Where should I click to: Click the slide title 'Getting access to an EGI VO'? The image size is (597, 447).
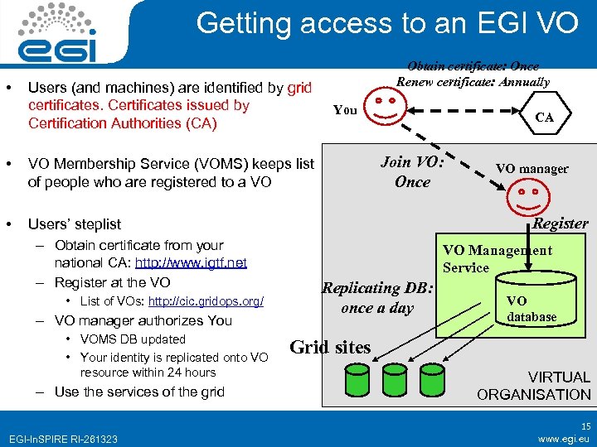(x=387, y=23)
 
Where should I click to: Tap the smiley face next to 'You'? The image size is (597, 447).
(x=389, y=108)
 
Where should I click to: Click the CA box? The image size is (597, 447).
(x=545, y=118)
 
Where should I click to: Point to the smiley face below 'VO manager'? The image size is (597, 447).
(x=523, y=195)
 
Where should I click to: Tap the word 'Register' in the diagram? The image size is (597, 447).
(x=560, y=223)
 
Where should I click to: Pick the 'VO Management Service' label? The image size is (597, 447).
(x=497, y=259)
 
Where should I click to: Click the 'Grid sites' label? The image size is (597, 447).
(x=330, y=347)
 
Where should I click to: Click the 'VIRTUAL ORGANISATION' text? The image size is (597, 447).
(x=534, y=386)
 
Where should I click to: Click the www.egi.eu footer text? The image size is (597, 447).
(x=564, y=439)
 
